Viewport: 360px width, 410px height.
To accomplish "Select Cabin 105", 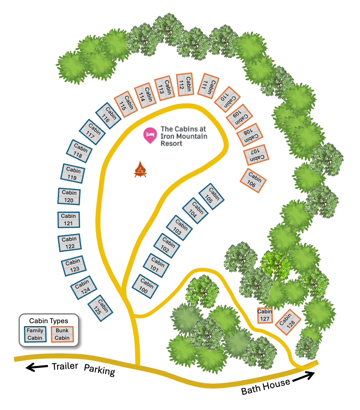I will (211, 196).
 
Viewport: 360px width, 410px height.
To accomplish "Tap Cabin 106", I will (253, 181).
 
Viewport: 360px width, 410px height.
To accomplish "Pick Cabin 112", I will (185, 85).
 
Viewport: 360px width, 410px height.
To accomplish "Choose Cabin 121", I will (69, 219).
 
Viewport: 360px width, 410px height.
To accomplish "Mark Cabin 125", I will (100, 308).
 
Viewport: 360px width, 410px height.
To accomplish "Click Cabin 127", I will (265, 315).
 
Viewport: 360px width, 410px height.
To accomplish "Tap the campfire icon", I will (141, 169).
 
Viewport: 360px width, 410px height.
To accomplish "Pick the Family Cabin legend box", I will (35, 334).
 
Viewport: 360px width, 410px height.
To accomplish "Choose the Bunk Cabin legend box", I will (62, 334).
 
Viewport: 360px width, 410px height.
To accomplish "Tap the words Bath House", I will (265, 387).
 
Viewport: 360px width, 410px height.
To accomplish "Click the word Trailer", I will (65, 367).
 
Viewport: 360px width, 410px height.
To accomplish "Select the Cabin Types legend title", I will (49, 321).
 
